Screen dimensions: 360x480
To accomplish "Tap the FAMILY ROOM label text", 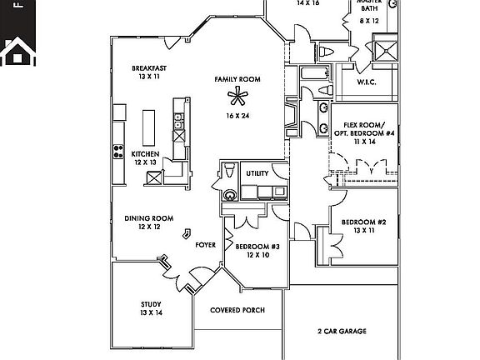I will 237,79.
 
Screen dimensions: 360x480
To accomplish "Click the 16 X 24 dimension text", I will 237,116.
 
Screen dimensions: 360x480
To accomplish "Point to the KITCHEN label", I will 145,153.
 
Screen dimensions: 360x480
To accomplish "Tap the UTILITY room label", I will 257,173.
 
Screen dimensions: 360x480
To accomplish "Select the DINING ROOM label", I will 148,218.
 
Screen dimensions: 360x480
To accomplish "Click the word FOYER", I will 206,246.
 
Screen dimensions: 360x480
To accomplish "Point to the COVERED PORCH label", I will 237,310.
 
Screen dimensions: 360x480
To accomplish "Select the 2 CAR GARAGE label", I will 342,332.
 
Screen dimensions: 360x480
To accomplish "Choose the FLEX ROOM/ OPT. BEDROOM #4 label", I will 363,128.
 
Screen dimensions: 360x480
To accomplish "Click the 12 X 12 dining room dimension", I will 148,227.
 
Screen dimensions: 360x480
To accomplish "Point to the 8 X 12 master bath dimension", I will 369,19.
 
